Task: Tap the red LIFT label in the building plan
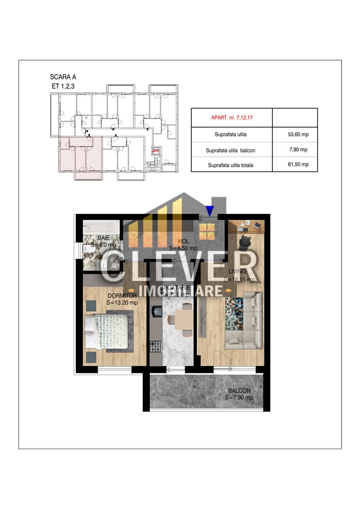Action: click(155, 151)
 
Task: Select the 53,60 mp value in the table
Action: click(298, 134)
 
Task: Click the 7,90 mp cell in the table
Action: click(298, 150)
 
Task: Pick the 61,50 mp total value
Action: click(298, 164)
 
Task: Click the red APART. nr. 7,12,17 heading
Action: click(231, 115)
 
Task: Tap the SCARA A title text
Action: click(63, 77)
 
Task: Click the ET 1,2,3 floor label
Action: click(63, 86)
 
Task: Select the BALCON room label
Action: click(239, 391)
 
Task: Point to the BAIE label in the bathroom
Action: click(104, 238)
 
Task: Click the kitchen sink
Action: click(155, 311)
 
